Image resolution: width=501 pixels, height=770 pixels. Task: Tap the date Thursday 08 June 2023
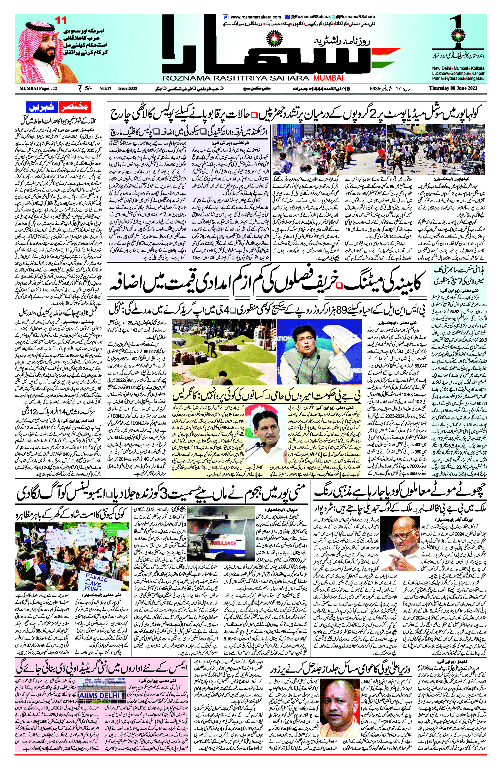(453, 88)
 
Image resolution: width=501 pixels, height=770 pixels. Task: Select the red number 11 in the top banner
(61, 20)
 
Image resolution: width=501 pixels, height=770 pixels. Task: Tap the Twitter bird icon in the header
(332, 17)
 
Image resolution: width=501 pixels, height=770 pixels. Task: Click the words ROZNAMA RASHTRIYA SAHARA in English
(236, 78)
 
